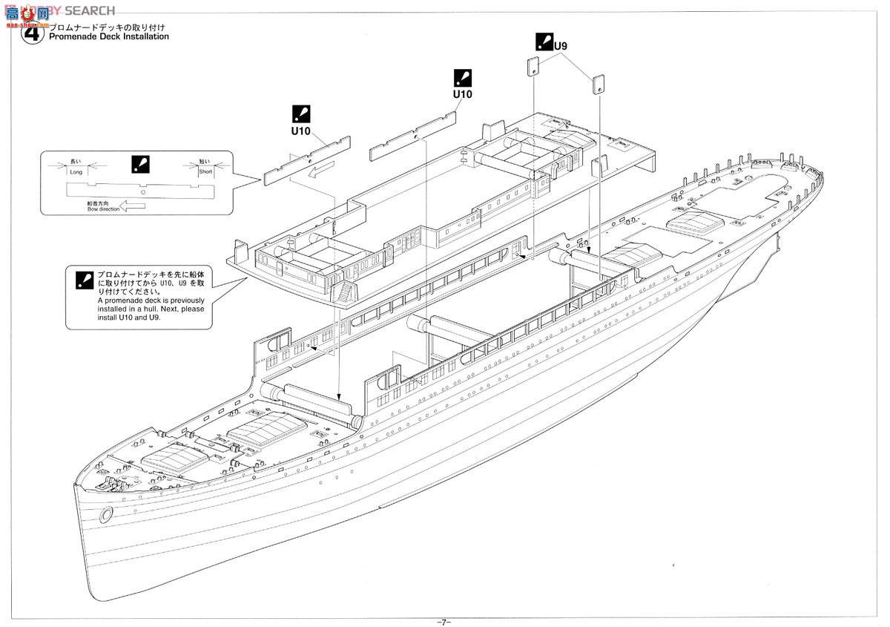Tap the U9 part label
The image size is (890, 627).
tap(561, 46)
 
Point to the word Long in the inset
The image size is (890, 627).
tap(76, 171)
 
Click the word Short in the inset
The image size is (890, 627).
tap(205, 171)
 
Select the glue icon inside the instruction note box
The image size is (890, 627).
tap(83, 279)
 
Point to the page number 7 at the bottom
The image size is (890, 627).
tap(444, 621)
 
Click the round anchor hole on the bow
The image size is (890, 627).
tap(106, 513)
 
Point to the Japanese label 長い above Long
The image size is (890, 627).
tap(76, 160)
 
